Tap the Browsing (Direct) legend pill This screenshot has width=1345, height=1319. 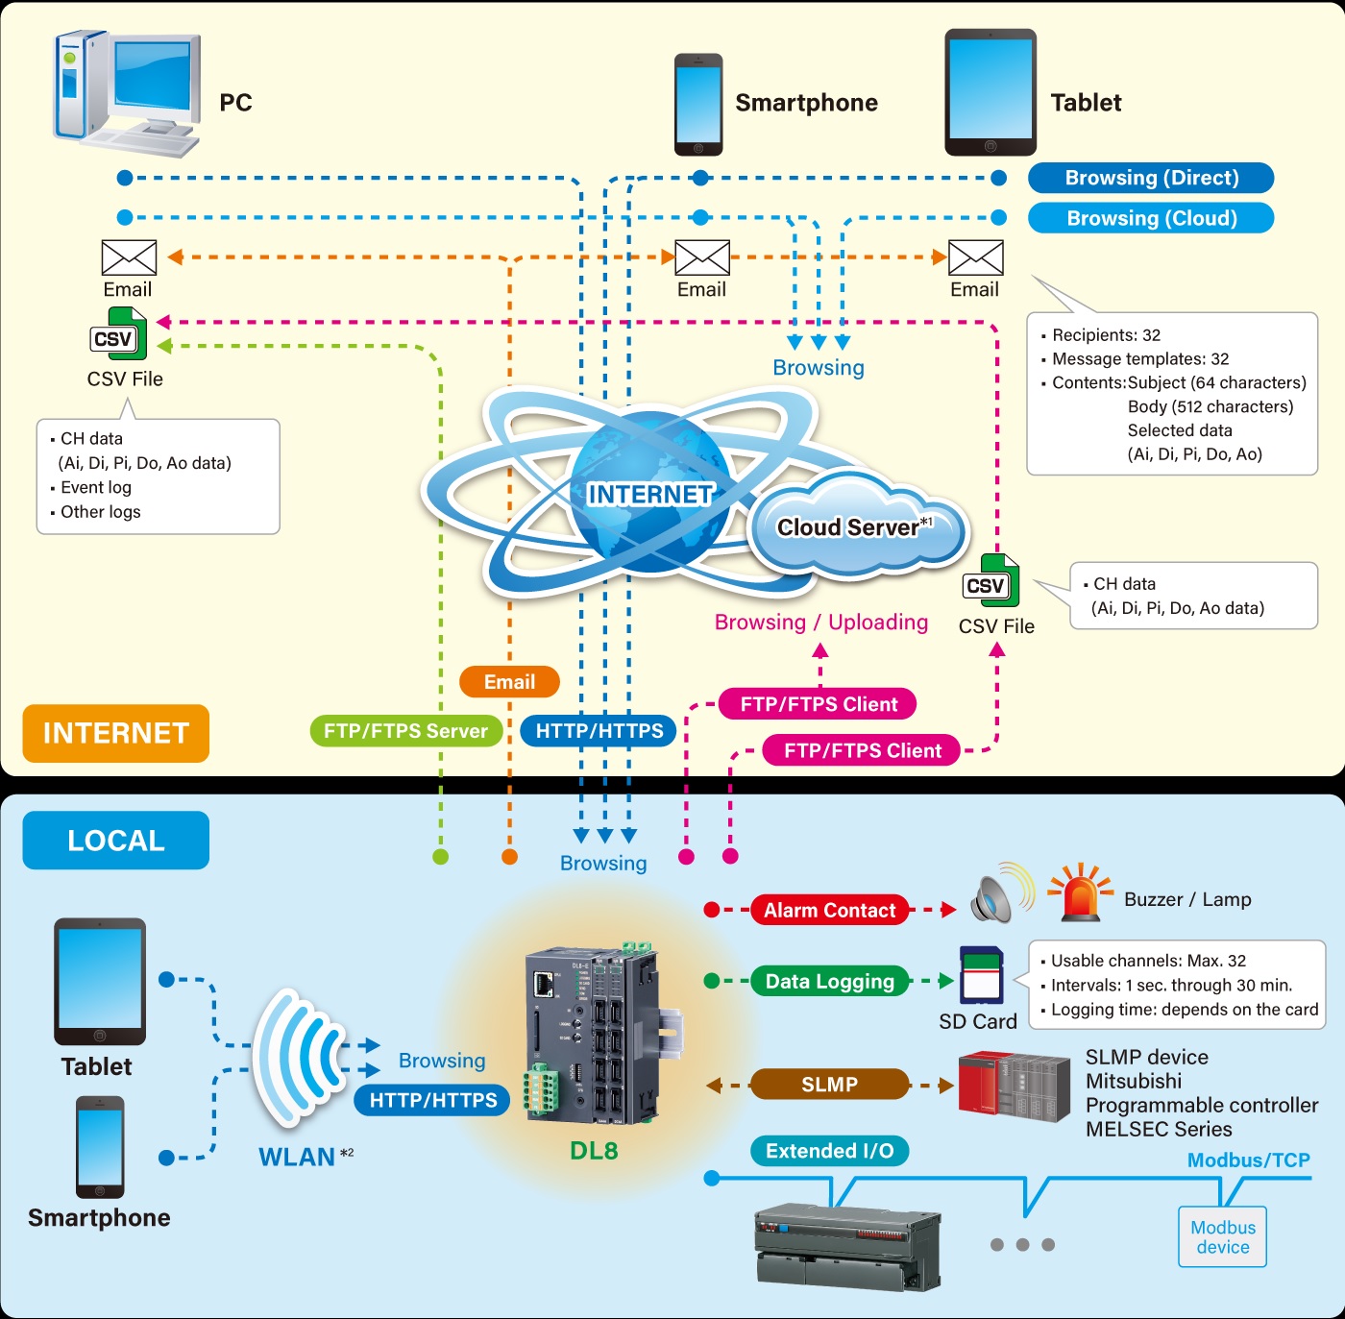tap(1151, 178)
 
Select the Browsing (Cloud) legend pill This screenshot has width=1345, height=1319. tap(1151, 218)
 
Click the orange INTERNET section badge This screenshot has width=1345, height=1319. tap(115, 733)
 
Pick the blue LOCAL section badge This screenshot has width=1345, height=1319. tap(115, 841)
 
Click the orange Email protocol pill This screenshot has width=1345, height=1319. tap(509, 682)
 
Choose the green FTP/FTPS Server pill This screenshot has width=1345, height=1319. tap(405, 731)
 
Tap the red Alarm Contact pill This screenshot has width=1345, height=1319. tap(829, 910)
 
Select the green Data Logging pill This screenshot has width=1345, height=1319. tap(829, 981)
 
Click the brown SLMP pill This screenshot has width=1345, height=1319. tap(829, 1085)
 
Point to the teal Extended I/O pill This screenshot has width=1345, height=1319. tap(829, 1151)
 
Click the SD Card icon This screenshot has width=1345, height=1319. tap(981, 976)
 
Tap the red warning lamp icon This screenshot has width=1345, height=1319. tap(1080, 892)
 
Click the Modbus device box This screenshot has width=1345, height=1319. tap(1222, 1237)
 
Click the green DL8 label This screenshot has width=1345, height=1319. tap(594, 1151)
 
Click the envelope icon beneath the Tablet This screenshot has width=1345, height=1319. tap(975, 257)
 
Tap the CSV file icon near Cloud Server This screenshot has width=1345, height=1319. tap(990, 582)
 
